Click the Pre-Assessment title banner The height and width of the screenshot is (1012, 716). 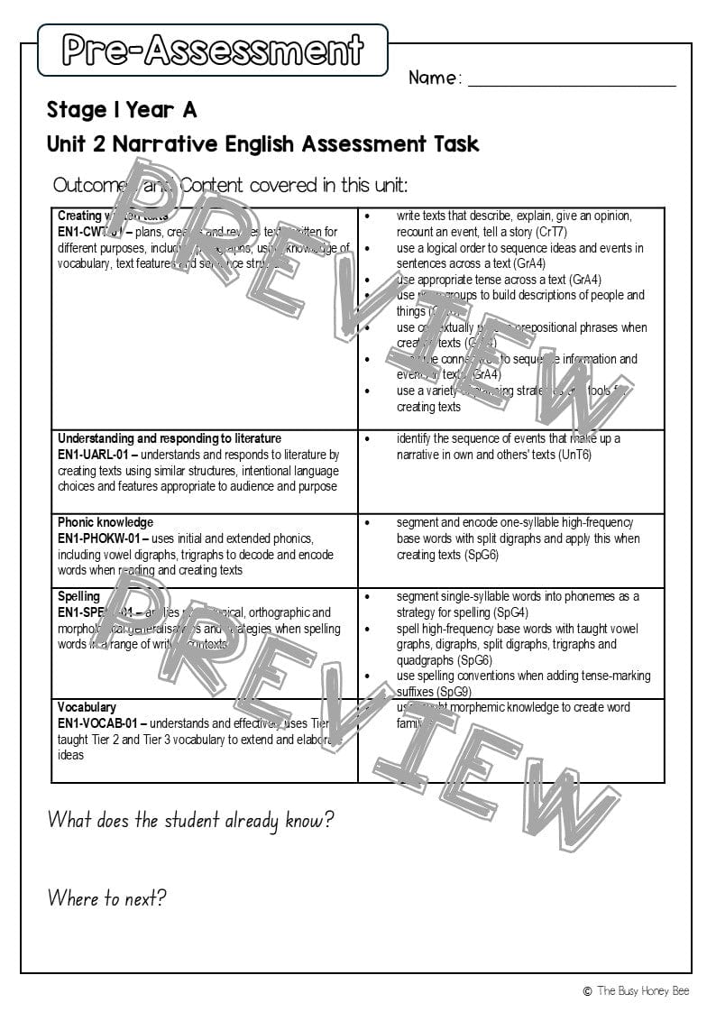coord(213,50)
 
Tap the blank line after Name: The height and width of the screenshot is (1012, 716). coord(572,79)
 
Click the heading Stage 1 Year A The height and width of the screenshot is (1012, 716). coord(122,111)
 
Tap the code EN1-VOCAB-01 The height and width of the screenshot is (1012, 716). coord(98,723)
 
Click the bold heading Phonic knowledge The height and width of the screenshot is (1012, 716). coord(106,522)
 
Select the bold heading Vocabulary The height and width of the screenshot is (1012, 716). coord(87,707)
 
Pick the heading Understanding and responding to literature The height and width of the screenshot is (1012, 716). coord(170,438)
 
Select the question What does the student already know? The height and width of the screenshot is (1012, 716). coord(190,820)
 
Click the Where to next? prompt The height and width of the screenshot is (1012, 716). coord(106,898)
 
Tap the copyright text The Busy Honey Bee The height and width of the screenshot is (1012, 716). coord(642,991)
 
